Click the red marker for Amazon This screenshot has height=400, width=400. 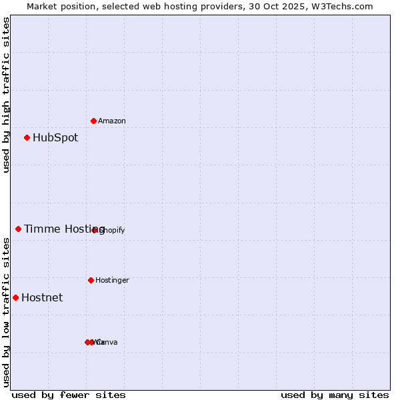tap(94, 121)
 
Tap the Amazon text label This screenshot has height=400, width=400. tap(112, 121)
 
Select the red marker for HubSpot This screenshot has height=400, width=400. tap(27, 138)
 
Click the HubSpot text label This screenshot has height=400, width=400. tap(55, 138)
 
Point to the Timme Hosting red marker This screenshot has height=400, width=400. tap(19, 229)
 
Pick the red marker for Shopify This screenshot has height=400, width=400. tap(95, 230)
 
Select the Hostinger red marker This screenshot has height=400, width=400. tap(91, 280)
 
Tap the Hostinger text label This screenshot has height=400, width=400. tap(112, 281)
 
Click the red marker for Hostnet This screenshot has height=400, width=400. tap(16, 297)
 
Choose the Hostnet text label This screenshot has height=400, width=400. tap(42, 298)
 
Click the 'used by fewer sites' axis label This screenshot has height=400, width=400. tap(69, 395)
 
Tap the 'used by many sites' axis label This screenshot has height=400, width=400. tap(335, 395)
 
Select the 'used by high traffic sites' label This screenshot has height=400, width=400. tap(6, 95)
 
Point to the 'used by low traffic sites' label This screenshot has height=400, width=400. tap(6, 312)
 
